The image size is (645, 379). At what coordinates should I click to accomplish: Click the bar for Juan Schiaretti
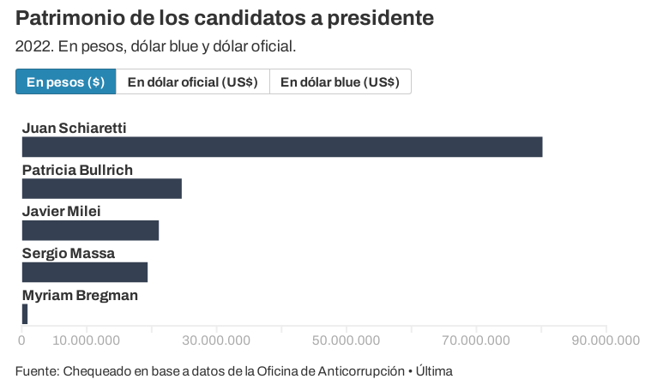coord(281,147)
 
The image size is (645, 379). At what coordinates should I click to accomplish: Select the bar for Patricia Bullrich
coord(101,189)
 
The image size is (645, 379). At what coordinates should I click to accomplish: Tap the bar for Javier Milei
coord(90,231)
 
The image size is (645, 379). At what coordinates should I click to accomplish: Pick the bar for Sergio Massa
coord(84,273)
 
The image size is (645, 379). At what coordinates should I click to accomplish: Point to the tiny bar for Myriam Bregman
coord(25,315)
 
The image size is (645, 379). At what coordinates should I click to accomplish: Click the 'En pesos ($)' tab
coord(65,82)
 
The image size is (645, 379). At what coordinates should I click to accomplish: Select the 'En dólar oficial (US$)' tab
coord(192,82)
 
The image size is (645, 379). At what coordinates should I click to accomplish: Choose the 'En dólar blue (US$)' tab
coord(340,82)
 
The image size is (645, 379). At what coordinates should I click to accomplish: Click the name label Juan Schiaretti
coord(74,128)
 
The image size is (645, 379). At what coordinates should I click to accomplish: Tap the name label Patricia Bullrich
coord(77,170)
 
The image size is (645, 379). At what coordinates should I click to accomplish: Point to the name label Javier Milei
coord(61,212)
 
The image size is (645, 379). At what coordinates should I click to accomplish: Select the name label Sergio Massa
coord(68,254)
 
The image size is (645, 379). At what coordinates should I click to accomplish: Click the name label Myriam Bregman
coord(80,296)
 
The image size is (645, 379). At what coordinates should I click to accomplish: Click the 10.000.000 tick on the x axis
coord(86,340)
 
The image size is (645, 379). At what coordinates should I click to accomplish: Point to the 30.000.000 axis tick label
coord(216,340)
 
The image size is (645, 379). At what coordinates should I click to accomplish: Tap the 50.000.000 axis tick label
coord(346,340)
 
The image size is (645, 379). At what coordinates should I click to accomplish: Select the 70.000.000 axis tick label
coord(476,340)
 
